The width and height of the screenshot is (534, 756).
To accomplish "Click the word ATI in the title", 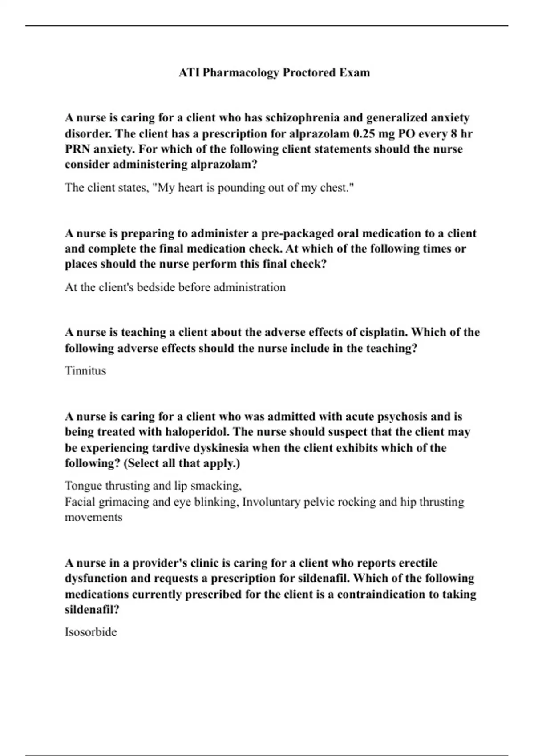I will [189, 72].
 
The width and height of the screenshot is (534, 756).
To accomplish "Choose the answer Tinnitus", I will [85, 371].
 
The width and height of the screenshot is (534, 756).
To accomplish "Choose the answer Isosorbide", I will [91, 632].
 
